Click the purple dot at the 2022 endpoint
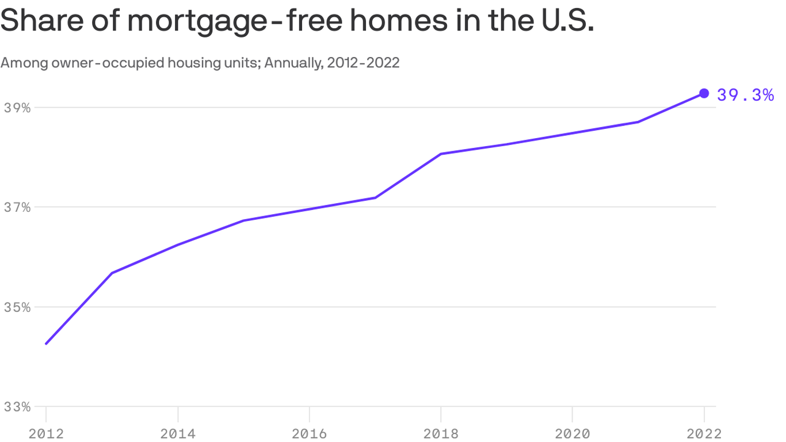click(704, 93)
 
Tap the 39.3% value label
click(745, 95)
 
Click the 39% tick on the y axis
click(17, 108)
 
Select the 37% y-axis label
click(17, 207)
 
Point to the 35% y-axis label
click(17, 307)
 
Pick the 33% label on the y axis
click(17, 407)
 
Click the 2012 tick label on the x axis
click(47, 433)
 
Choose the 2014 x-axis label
click(178, 433)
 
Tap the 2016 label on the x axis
click(310, 433)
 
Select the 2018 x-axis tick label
click(441, 433)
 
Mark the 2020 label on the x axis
click(573, 433)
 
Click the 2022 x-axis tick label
click(703, 433)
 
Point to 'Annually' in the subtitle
click(293, 63)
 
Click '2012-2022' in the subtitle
click(363, 63)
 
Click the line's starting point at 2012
click(46, 344)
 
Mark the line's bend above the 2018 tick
click(441, 154)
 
